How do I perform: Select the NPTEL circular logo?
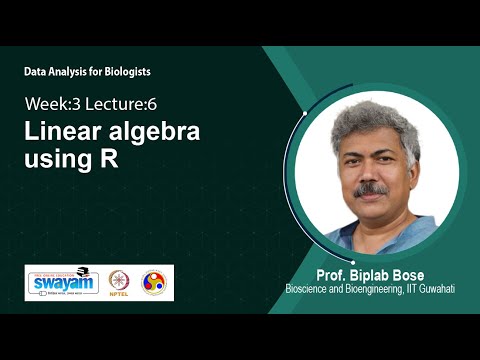tap(120, 282)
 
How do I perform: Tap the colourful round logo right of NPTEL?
tap(154, 282)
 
